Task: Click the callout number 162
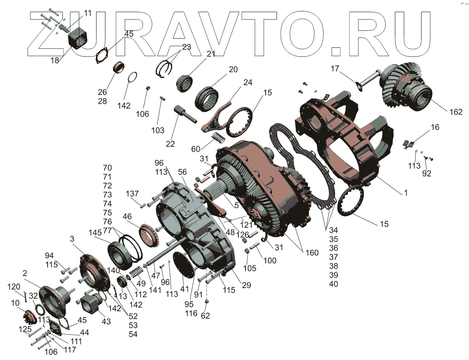click(x=456, y=112)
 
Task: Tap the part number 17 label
click(x=335, y=69)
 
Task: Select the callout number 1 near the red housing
click(x=406, y=193)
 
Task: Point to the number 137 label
click(x=132, y=193)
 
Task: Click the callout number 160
click(x=312, y=253)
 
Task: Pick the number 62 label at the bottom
click(x=206, y=316)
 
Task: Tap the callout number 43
click(x=106, y=322)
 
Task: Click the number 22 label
click(x=170, y=144)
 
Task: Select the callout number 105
click(x=249, y=268)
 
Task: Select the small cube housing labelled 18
click(x=78, y=39)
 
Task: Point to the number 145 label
click(x=95, y=233)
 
